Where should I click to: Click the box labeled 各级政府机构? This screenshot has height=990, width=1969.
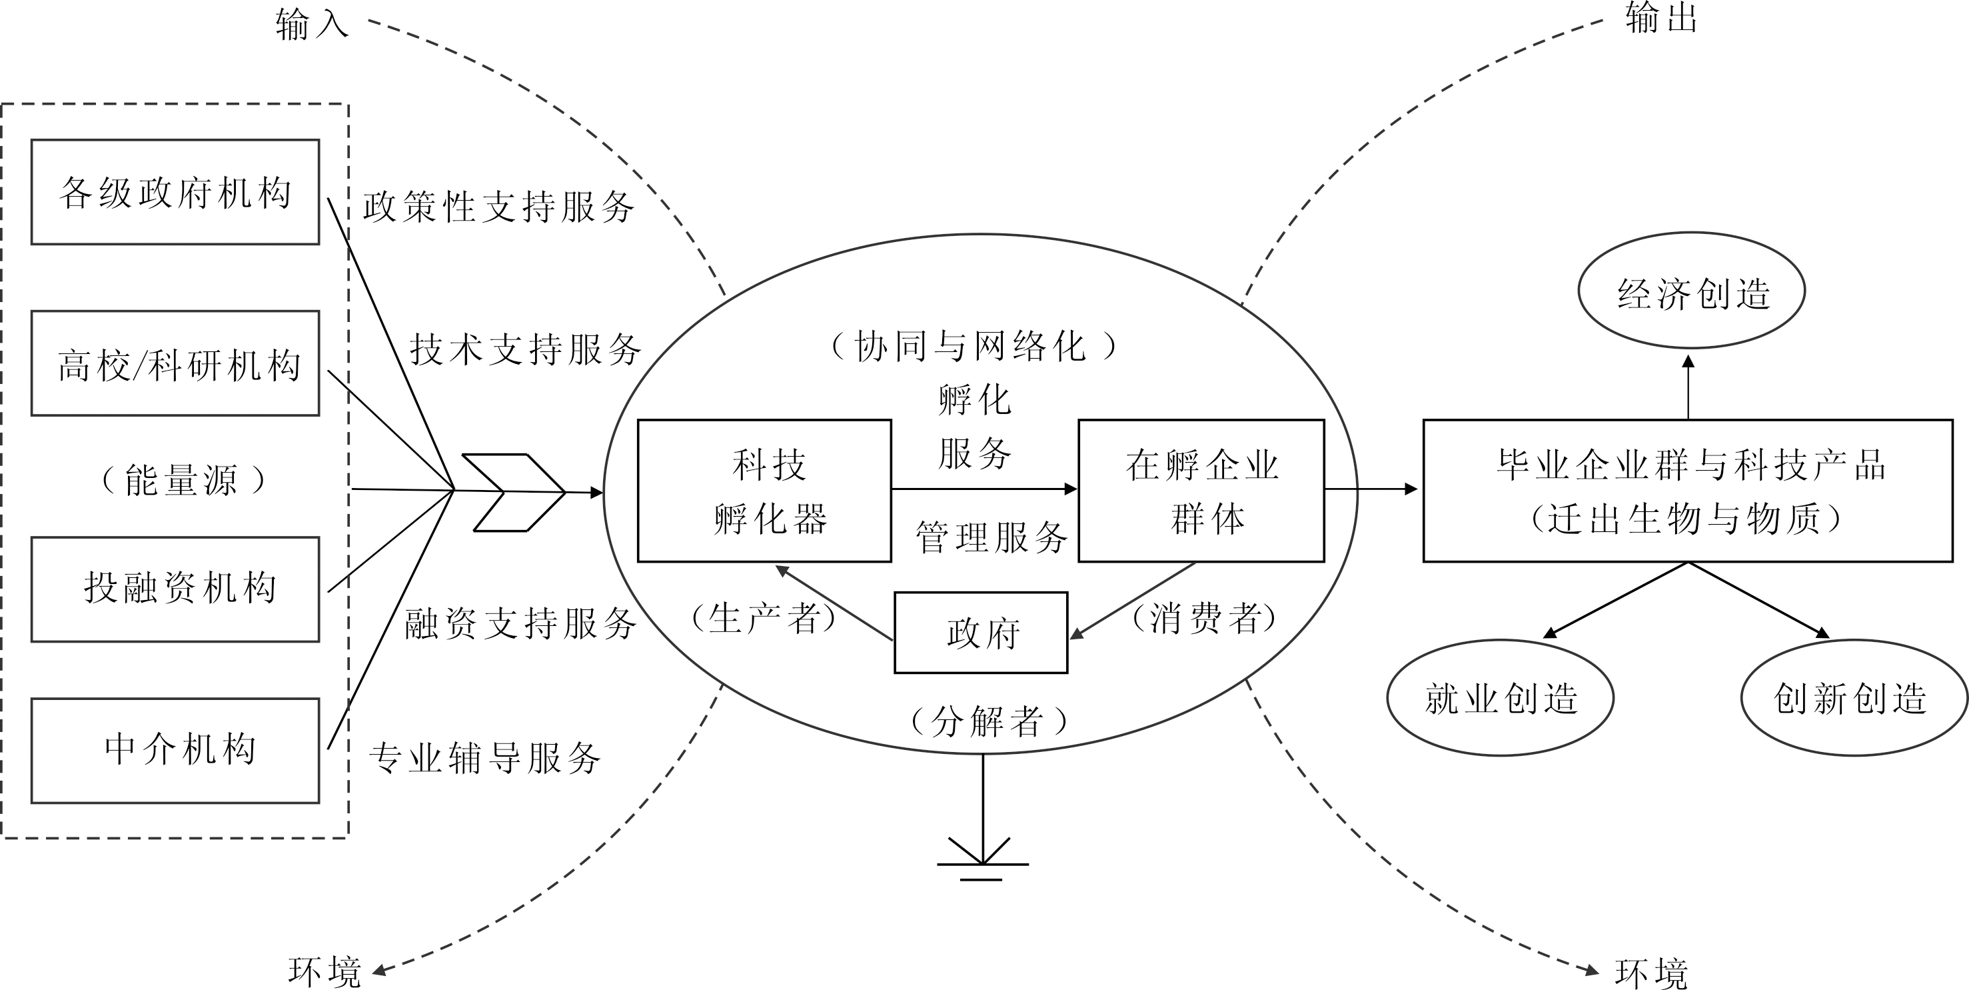pyautogui.click(x=175, y=192)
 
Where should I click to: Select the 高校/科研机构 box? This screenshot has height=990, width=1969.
pyautogui.click(x=175, y=363)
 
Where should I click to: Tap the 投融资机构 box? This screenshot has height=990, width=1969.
pyautogui.click(x=175, y=589)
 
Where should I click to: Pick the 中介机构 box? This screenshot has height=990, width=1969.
pyautogui.click(x=175, y=750)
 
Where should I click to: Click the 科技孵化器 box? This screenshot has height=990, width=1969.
pyautogui.click(x=764, y=491)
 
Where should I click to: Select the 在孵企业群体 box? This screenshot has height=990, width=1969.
pyautogui.click(x=1201, y=491)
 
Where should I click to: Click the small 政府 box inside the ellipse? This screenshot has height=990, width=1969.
pyautogui.click(x=981, y=632)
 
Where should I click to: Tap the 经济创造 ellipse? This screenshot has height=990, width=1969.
pyautogui.click(x=1692, y=291)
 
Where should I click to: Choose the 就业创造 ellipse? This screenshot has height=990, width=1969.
pyautogui.click(x=1500, y=697)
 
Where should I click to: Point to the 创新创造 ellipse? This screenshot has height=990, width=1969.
pyautogui.click(x=1853, y=697)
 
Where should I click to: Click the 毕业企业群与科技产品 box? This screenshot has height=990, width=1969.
pyautogui.click(x=1688, y=491)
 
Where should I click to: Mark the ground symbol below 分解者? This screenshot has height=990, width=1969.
pyautogui.click(x=982, y=860)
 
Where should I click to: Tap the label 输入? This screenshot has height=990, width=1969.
pyautogui.click(x=312, y=25)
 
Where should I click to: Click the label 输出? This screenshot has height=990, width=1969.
pyautogui.click(x=1660, y=19)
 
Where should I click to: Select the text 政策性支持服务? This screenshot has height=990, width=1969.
pyautogui.click(x=498, y=207)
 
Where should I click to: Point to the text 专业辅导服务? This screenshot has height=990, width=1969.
pyautogui.click(x=484, y=759)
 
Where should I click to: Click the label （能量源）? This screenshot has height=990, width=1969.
pyautogui.click(x=182, y=480)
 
